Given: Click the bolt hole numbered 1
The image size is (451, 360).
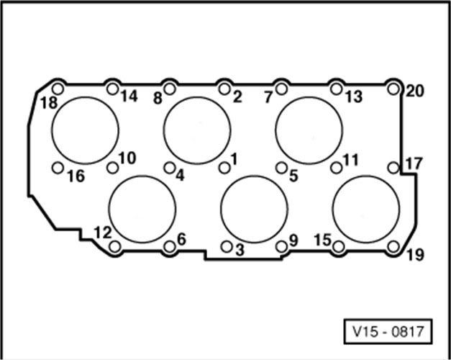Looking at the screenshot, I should pos(224,167).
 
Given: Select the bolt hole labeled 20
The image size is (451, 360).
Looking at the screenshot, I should pos(393,89).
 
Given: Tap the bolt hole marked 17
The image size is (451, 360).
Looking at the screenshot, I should pos(393,167).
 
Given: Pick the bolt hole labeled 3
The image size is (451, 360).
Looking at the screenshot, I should pos(226,247).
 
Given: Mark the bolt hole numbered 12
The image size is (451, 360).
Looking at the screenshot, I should pos(114,247).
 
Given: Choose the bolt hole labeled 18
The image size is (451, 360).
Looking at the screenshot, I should pos(58,89).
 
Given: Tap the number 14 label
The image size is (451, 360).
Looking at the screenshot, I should pos(129,96).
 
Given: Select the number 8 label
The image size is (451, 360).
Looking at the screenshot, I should pos(158,98).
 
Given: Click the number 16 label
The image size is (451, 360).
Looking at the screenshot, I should pos(74,175).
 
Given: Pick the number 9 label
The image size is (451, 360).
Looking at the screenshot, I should pos(293,239).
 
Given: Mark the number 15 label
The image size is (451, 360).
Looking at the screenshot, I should pos(324,239).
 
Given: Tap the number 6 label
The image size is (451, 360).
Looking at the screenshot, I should pos(181,238).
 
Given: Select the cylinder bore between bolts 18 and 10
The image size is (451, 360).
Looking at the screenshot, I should pos(85,130).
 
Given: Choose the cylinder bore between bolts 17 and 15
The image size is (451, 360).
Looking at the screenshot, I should pos(365,209).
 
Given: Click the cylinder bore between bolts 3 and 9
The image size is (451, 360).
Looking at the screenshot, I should pos(254,209).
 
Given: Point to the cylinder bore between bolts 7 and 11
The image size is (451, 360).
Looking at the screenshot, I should pos(309,130).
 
